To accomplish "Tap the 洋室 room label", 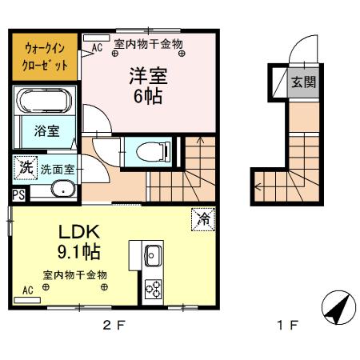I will [149, 76].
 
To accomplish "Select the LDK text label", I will [78, 231].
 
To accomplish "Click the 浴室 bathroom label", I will [44, 132].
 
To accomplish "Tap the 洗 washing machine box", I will [25, 169].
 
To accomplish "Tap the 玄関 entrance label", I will [302, 82].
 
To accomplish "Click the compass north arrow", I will [337, 308].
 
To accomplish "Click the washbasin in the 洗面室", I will [61, 189].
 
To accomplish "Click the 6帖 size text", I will [148, 98].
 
